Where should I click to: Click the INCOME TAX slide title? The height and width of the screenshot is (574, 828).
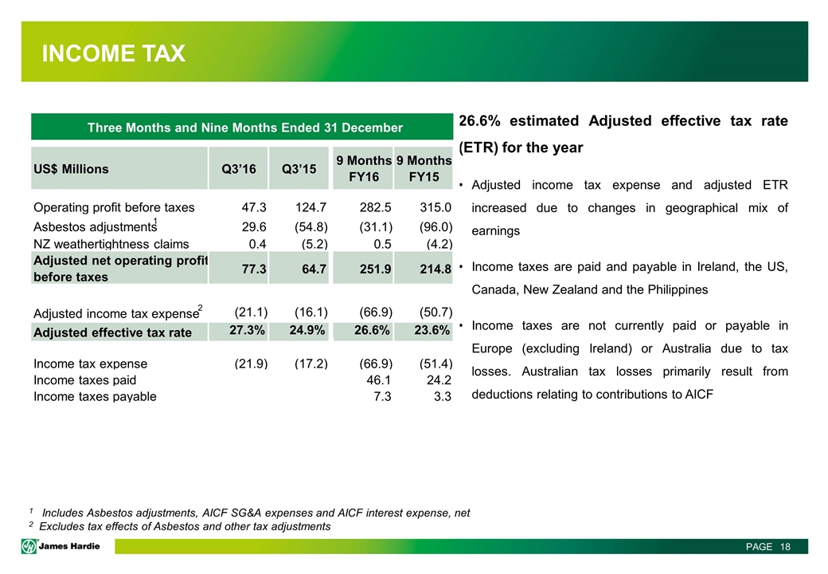click(x=114, y=54)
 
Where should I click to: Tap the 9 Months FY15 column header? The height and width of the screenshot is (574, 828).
click(x=424, y=168)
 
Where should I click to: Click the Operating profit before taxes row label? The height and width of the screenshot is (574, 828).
click(x=114, y=208)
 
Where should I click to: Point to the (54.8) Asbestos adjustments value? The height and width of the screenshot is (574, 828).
click(x=308, y=226)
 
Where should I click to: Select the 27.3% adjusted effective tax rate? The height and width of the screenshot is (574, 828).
click(x=248, y=331)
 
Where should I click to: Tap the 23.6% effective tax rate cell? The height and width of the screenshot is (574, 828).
click(x=431, y=331)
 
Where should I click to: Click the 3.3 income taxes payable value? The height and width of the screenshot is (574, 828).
click(x=442, y=396)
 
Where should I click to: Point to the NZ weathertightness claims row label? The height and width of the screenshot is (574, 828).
click(x=111, y=244)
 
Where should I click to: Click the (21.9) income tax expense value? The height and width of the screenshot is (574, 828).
click(x=249, y=364)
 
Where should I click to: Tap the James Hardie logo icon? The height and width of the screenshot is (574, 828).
click(x=29, y=546)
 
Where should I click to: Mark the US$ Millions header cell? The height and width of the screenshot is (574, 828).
click(x=72, y=169)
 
